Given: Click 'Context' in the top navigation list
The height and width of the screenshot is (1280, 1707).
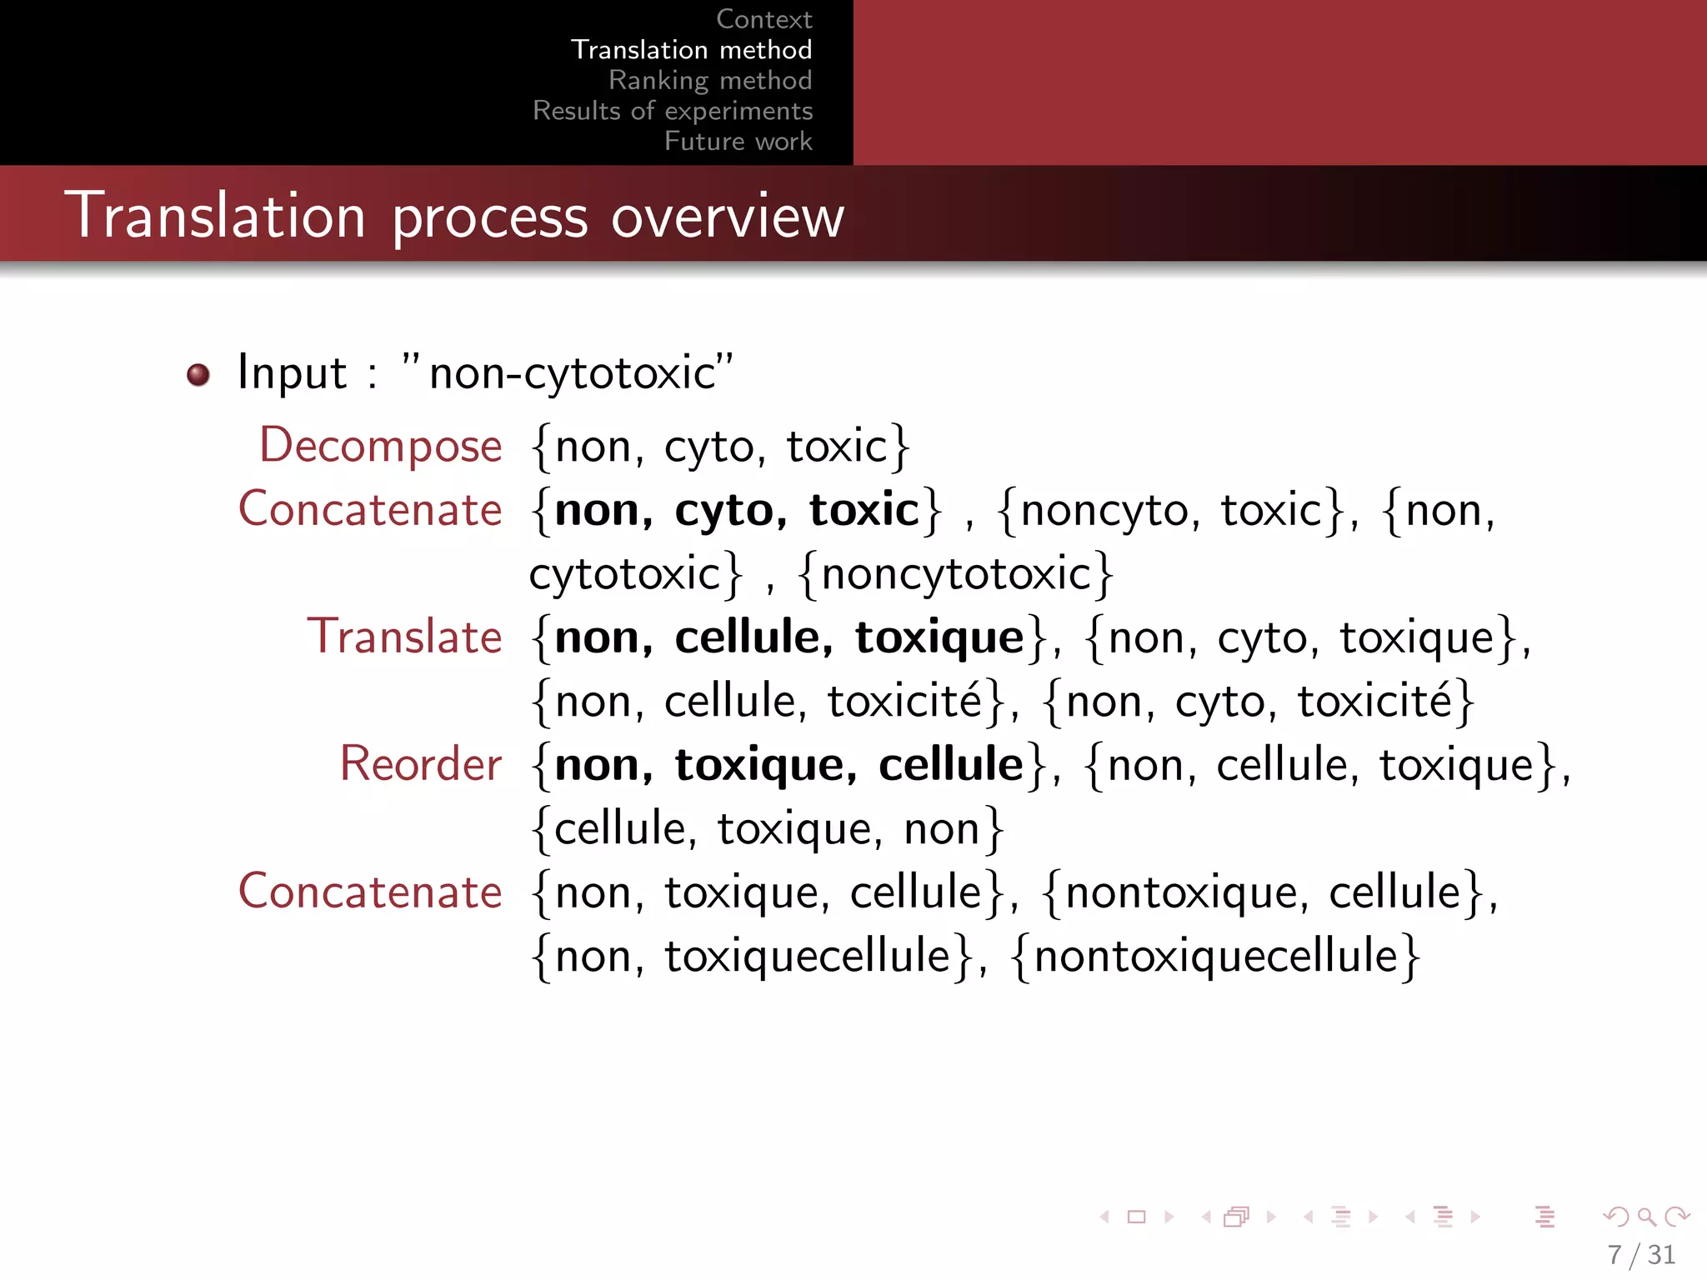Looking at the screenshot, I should (x=763, y=19).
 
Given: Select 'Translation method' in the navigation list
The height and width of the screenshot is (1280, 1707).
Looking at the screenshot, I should (x=691, y=50).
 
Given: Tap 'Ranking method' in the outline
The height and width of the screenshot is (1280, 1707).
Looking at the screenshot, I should (x=710, y=80).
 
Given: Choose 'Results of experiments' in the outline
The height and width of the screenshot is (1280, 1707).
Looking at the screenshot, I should (x=673, y=111).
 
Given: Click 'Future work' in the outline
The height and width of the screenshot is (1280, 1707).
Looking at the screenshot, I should (x=738, y=141).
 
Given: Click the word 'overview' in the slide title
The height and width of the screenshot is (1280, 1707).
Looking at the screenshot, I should (x=728, y=217).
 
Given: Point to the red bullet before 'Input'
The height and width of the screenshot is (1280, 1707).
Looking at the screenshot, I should (x=198, y=375).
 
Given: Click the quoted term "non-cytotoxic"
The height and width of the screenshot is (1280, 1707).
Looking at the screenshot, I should (x=568, y=372).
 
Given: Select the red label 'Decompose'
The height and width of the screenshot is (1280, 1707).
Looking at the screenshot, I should (x=381, y=445).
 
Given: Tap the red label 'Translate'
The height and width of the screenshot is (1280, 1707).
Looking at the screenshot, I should (x=405, y=637).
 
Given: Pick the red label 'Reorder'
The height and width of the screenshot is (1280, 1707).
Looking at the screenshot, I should (x=421, y=764).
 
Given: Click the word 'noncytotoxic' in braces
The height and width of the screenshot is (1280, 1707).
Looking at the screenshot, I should (x=956, y=574).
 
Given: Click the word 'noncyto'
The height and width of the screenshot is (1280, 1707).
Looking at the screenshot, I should (x=1104, y=510).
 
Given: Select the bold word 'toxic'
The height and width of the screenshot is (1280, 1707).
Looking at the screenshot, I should (x=864, y=510).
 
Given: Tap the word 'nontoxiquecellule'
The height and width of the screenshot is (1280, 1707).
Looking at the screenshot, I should (x=1215, y=956).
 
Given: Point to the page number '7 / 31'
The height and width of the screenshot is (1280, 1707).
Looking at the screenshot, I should (x=1641, y=1254).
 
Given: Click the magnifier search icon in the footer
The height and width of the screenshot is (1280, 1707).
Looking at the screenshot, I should (x=1646, y=1217).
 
